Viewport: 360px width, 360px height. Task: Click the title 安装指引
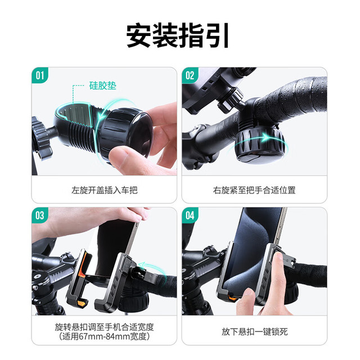[178, 35]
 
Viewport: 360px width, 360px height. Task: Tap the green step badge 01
[40, 75]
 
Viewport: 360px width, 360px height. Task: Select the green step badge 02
[190, 75]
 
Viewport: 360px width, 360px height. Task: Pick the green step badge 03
[40, 215]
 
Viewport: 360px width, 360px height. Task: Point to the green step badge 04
[190, 215]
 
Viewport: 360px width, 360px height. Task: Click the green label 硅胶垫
[102, 85]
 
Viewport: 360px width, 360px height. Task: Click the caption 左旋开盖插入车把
[105, 190]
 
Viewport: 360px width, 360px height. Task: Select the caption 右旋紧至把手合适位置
[254, 190]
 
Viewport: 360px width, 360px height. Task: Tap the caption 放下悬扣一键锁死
[254, 332]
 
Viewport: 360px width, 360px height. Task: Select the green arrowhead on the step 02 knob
[267, 137]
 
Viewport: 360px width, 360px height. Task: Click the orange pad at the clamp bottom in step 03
[82, 304]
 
